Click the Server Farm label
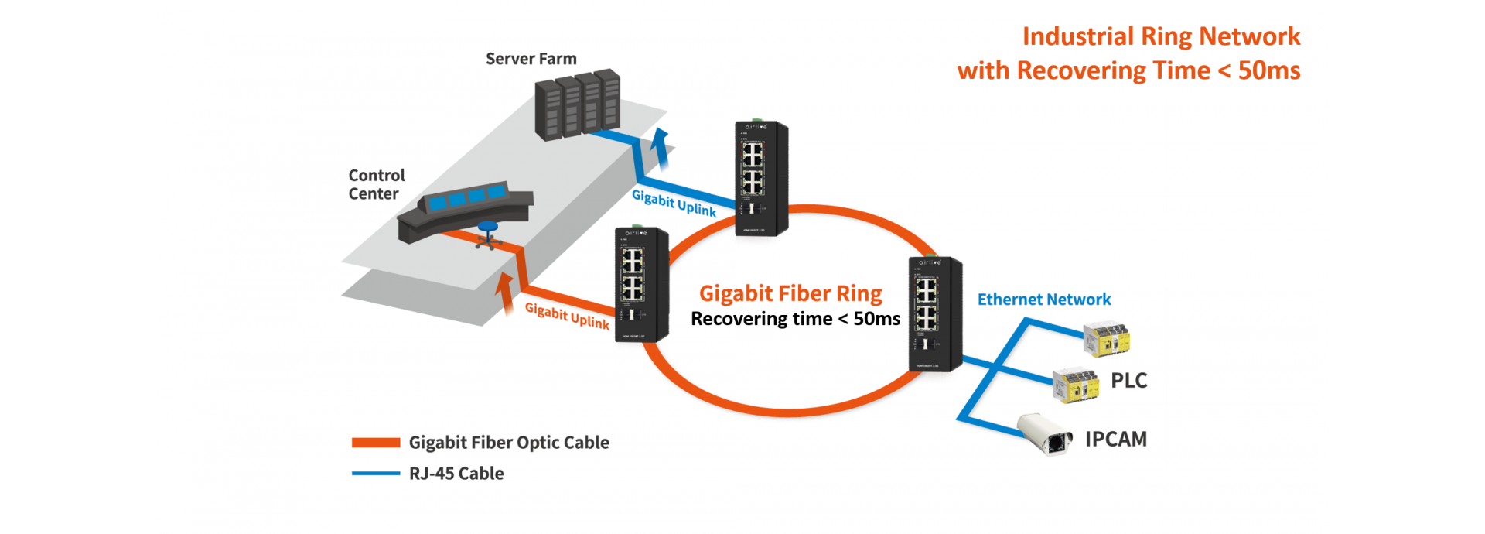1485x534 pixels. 531,59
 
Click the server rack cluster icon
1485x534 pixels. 578,104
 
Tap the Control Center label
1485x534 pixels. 376,185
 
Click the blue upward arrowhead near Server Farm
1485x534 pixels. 660,139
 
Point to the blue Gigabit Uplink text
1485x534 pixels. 674,204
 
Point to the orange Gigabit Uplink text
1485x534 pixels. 567,316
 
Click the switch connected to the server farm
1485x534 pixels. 760,178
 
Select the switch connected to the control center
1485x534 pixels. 640,285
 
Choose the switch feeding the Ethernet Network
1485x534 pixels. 934,314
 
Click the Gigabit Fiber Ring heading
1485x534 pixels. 790,293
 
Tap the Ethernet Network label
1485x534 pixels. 1043,300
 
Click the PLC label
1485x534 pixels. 1128,381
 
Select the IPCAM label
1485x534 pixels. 1115,440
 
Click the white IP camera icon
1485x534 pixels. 1045,435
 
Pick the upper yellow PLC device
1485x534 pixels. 1107,339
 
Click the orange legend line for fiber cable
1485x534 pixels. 376,443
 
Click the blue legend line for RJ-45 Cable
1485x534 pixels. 376,474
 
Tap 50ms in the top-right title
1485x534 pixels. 1268,70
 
